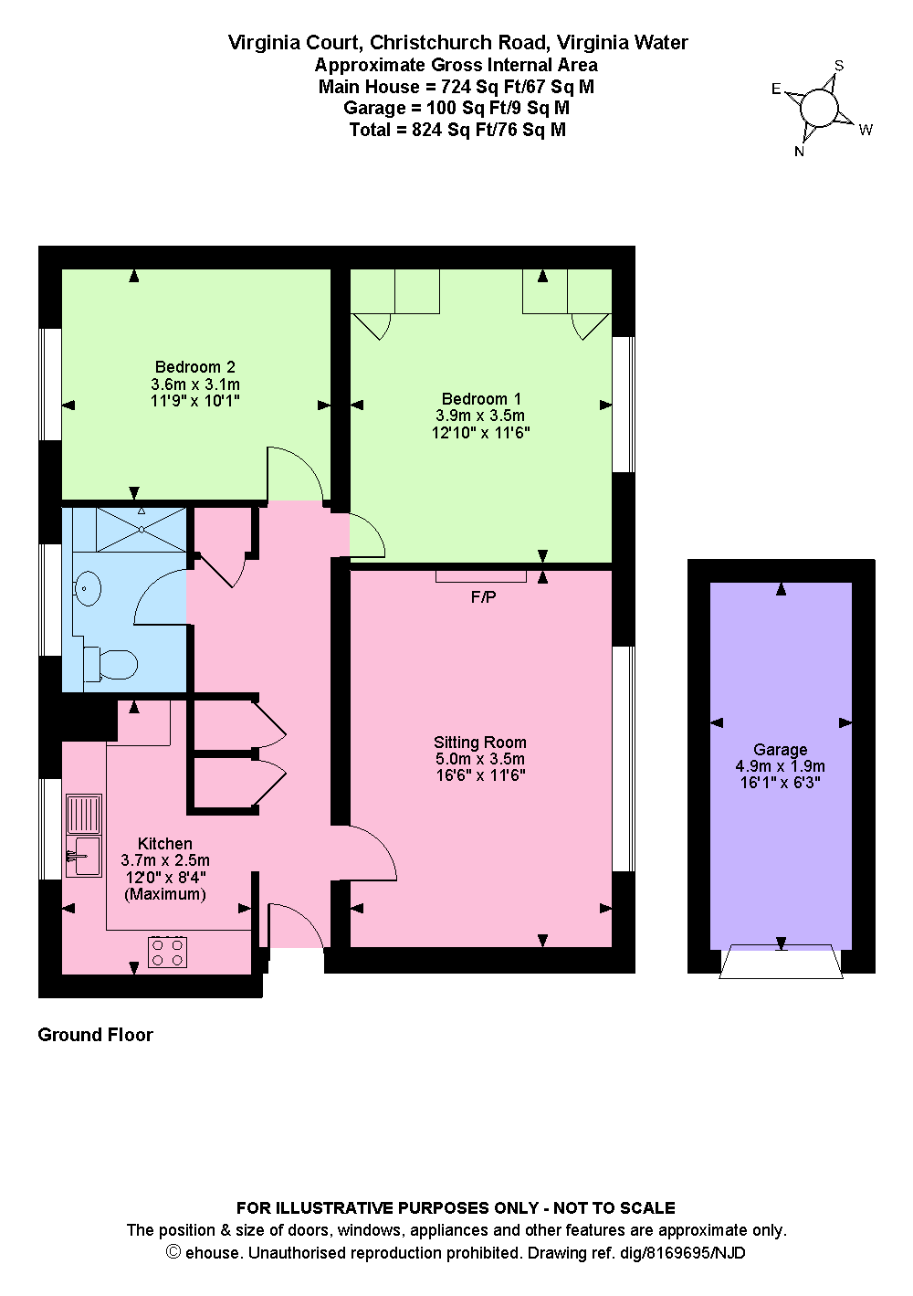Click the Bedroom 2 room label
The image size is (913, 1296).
click(194, 367)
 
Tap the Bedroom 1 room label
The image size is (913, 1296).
click(480, 398)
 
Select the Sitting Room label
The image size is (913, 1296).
click(480, 743)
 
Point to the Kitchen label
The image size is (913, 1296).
click(164, 844)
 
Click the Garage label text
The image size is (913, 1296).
click(780, 750)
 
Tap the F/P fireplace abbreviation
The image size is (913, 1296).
click(483, 597)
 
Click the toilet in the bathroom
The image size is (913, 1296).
click(110, 664)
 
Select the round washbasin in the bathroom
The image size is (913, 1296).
click(88, 588)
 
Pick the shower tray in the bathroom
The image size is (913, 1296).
click(142, 530)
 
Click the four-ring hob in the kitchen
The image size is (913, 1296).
click(167, 953)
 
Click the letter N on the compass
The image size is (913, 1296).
click(799, 152)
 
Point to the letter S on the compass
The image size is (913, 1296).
click(839, 66)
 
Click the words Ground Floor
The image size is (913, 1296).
click(95, 1035)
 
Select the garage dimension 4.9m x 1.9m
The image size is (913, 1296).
click(780, 766)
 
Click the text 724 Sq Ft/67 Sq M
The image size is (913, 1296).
click(518, 87)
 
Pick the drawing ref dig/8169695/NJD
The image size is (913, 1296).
click(682, 1252)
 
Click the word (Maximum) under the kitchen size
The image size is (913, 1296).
click(165, 894)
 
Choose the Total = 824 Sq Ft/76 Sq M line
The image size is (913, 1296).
click(457, 130)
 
